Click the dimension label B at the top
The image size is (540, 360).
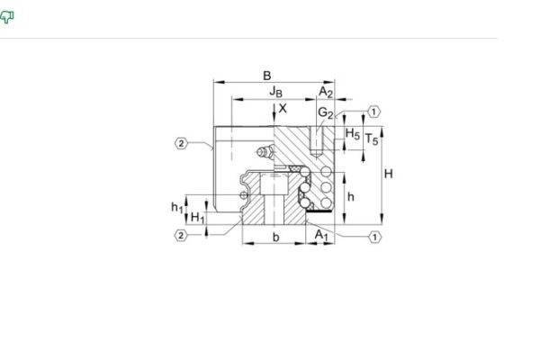point(266,76)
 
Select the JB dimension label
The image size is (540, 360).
point(276,92)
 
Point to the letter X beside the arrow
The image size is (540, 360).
point(283,108)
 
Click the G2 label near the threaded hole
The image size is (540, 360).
point(326,112)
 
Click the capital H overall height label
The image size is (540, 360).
point(388,174)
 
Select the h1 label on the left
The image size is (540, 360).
point(176,207)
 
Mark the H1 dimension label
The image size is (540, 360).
point(198,218)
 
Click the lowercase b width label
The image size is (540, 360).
point(276,237)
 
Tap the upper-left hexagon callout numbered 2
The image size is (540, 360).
point(181,142)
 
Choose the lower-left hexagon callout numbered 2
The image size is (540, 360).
point(181,236)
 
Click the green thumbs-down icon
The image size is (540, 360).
point(8,17)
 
